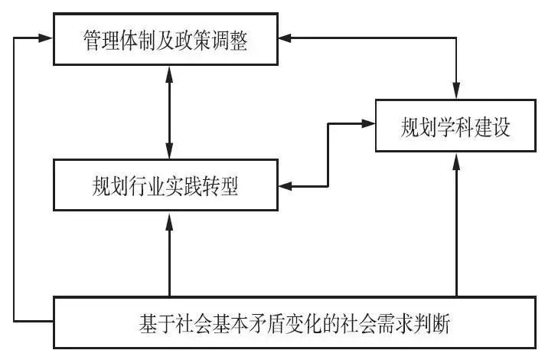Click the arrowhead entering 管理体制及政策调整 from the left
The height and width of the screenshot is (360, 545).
pyautogui.click(x=45, y=38)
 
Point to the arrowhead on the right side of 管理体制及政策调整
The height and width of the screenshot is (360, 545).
pyautogui.click(x=286, y=38)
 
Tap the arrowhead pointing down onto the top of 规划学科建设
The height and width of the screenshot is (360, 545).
pyautogui.click(x=456, y=92)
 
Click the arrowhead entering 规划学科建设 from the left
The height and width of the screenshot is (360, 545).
pyautogui.click(x=368, y=123)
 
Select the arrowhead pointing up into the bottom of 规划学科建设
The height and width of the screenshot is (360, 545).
pyautogui.click(x=456, y=161)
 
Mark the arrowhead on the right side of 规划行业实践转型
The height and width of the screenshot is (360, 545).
pyautogui.click(x=286, y=186)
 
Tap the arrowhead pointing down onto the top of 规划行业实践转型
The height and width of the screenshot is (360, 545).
pyautogui.click(x=169, y=152)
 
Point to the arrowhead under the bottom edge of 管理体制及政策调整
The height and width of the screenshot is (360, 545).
pyautogui.click(x=169, y=74)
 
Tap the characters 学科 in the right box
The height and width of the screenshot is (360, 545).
pyautogui.click(x=455, y=127)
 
